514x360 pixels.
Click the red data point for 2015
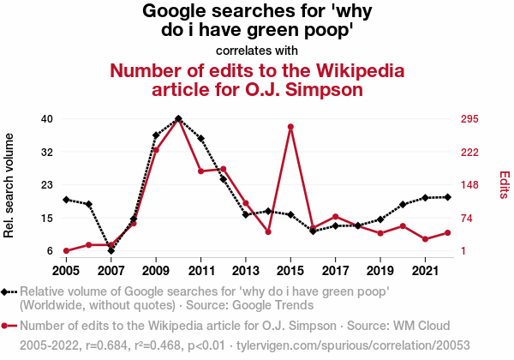click(290, 127)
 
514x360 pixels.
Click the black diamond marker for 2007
click(111, 250)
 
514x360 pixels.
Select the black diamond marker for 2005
click(66, 200)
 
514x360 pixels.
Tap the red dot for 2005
click(66, 250)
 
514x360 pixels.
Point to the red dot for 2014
click(268, 231)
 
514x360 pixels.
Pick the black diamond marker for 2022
click(448, 197)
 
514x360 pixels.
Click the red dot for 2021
click(426, 239)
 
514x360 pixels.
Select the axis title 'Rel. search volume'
click(9, 185)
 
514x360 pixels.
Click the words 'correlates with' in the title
click(257, 50)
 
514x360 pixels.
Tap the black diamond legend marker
click(9, 292)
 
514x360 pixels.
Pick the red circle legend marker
click(9, 326)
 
